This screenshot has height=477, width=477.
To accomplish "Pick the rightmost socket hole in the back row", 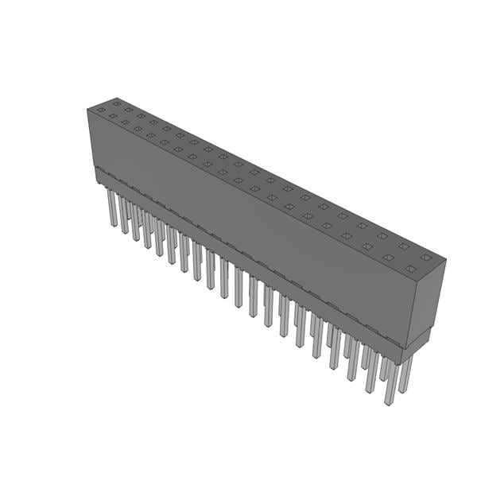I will point(425,258).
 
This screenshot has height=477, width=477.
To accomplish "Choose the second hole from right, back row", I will point(404,246).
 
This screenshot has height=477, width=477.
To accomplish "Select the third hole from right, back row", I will point(382,235).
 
